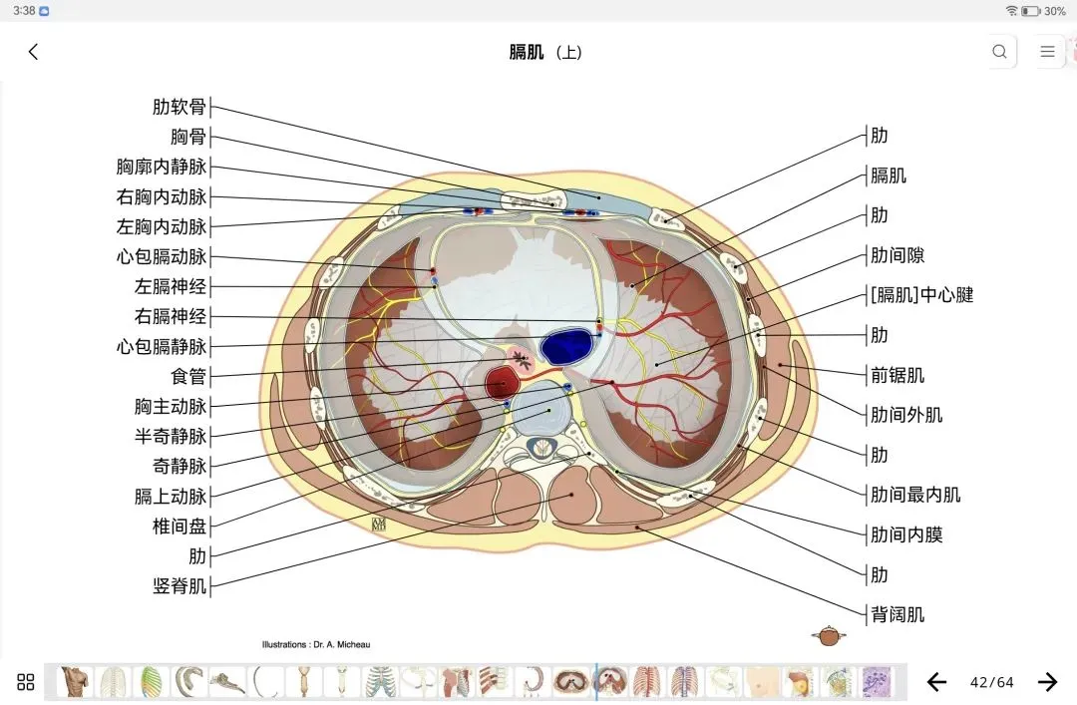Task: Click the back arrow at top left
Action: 33,52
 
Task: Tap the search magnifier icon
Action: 999,52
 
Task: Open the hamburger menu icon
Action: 1047,52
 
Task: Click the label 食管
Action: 188,377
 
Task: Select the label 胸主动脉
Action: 171,407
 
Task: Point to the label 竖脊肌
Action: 179,586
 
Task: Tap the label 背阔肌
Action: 897,614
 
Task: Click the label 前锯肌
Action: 897,375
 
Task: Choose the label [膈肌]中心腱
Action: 921,295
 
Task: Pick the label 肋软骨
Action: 179,108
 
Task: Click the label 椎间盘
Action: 179,527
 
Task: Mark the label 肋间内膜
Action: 906,534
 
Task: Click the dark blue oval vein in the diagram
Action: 566,346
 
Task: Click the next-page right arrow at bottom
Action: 1047,682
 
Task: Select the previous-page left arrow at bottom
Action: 936,682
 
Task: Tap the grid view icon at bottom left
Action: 26,682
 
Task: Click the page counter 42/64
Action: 991,682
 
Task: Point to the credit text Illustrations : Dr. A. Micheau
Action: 316,644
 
